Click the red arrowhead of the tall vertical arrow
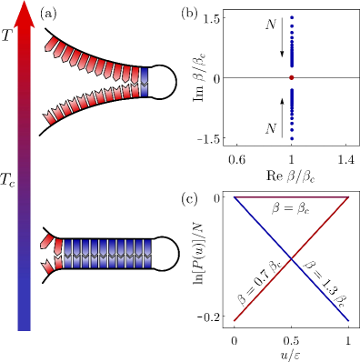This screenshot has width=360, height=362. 25,14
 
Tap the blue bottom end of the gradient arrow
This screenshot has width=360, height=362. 25,323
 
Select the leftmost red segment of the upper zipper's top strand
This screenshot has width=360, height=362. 52,44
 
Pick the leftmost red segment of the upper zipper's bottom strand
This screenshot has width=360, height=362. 50,118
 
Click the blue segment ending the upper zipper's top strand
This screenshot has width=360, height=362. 145,75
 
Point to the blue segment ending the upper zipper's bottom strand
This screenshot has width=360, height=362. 145,91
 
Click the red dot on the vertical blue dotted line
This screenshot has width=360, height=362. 292,77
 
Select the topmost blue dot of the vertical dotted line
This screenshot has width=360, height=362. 292,17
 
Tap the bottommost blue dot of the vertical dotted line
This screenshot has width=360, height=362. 292,138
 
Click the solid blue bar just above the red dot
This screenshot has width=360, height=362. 292,55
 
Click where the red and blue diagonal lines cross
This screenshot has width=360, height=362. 291,259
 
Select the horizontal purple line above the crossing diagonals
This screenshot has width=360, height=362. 291,197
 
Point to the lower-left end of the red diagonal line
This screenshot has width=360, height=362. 235,320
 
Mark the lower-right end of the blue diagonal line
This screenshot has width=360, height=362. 348,320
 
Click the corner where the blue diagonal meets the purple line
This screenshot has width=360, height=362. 235,197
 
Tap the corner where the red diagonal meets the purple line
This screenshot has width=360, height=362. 348,197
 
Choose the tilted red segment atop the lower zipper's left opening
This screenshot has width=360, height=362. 46,241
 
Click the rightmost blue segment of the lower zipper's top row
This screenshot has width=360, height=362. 147,246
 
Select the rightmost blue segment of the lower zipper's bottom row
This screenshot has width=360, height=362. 147,263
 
